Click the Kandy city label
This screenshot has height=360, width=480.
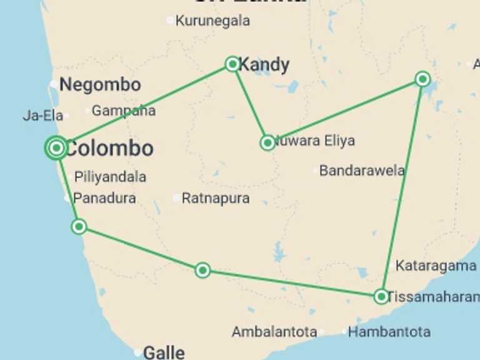pyautogui.click(x=264, y=64)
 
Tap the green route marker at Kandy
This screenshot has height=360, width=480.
pyautogui.click(x=232, y=64)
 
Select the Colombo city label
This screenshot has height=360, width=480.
pyautogui.click(x=109, y=149)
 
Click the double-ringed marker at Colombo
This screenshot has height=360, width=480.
pyautogui.click(x=56, y=148)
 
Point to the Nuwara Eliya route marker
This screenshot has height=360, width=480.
pyautogui.click(x=267, y=143)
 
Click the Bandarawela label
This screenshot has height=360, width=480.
pyautogui.click(x=362, y=171)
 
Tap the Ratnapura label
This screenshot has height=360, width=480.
pyautogui.click(x=216, y=199)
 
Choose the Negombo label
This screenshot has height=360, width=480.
pyautogui.click(x=100, y=85)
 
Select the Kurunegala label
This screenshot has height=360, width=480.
pyautogui.click(x=212, y=21)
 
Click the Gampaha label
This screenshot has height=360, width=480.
pyautogui.click(x=124, y=111)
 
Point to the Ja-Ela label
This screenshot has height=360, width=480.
pyautogui.click(x=43, y=116)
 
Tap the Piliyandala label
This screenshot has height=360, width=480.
pyautogui.click(x=110, y=177)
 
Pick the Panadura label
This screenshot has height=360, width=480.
pyautogui.click(x=104, y=199)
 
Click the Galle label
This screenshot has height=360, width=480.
pyautogui.click(x=164, y=352)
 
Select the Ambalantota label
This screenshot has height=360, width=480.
pyautogui.click(x=274, y=332)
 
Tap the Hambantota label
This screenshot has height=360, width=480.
pyautogui.click(x=389, y=332)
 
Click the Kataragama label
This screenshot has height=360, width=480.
pyautogui.click(x=436, y=266)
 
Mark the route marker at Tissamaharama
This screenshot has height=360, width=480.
pyautogui.click(x=381, y=296)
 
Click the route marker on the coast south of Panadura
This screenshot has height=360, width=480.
pyautogui.click(x=79, y=226)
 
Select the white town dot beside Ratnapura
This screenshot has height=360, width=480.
pyautogui.click(x=177, y=198)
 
